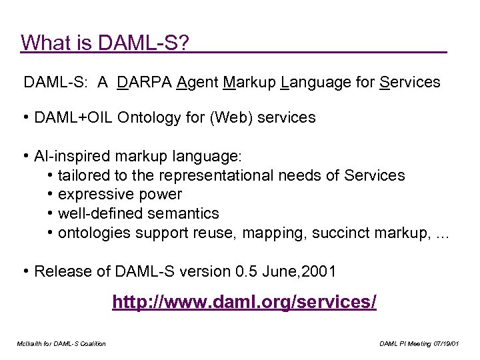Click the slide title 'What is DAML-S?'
(x=105, y=43)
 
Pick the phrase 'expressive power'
(x=120, y=195)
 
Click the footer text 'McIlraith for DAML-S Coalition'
(x=61, y=343)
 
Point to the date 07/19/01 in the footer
(x=446, y=343)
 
